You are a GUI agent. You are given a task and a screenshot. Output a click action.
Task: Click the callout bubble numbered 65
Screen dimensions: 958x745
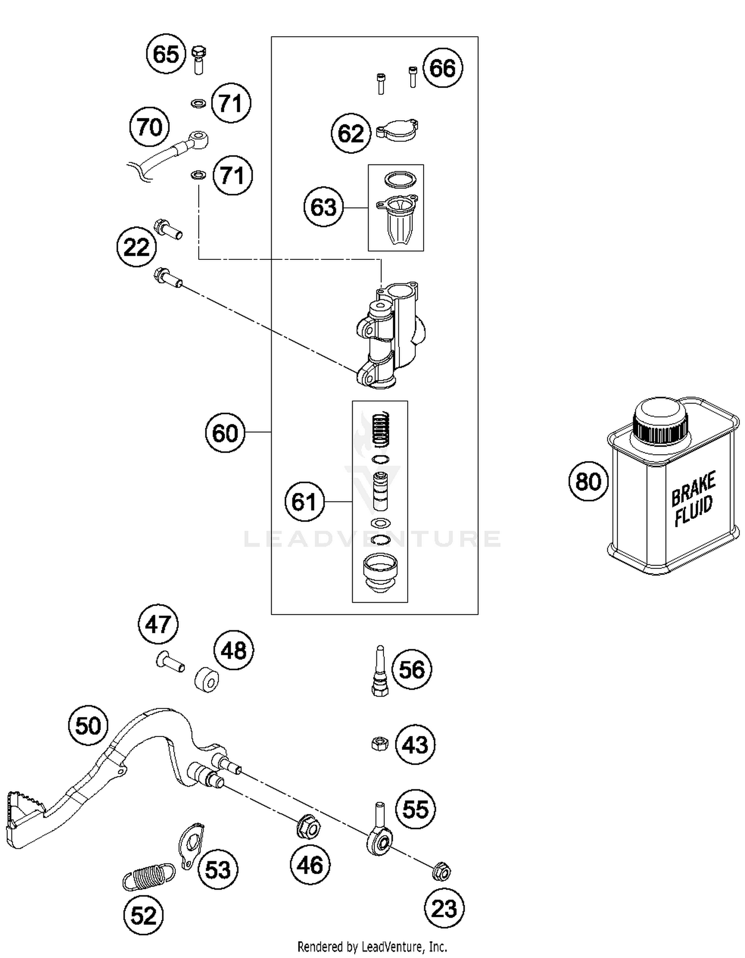166,54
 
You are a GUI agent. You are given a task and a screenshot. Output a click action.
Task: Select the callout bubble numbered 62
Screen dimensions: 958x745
351,133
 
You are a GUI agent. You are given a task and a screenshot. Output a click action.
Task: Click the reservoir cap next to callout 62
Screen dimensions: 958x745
397,131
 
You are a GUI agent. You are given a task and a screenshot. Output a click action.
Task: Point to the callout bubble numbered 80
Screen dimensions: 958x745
588,481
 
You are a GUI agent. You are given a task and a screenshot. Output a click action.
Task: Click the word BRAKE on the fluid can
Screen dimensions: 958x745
693,489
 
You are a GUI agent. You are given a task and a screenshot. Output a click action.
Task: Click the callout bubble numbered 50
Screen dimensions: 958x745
88,726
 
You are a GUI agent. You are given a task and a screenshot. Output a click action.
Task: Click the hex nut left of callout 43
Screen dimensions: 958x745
380,744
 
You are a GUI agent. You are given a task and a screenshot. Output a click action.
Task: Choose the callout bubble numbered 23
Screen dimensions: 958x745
444,909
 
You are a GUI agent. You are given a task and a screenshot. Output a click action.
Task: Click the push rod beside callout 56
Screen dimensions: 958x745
380,671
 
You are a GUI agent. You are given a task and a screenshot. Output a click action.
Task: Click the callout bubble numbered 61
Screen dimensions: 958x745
304,501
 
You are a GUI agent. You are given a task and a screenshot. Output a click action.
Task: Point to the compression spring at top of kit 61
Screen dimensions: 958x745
380,430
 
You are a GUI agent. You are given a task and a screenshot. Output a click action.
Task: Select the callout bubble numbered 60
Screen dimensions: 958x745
225,433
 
